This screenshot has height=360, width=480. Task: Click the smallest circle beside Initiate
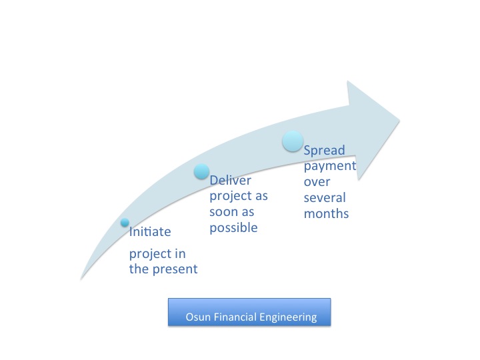(125, 223)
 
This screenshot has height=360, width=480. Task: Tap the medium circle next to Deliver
(202, 171)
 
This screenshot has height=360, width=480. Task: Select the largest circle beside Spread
(293, 141)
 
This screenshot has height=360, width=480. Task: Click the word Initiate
(150, 232)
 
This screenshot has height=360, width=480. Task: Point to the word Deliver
(230, 180)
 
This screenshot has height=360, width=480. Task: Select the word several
(325, 198)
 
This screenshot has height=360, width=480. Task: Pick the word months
(326, 214)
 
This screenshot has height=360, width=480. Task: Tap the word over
(317, 183)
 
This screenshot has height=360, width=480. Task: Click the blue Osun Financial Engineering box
(249, 312)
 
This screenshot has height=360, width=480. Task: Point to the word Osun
(198, 317)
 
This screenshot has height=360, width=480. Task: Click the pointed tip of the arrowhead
(399, 120)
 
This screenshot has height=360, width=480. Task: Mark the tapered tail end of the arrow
(81, 279)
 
